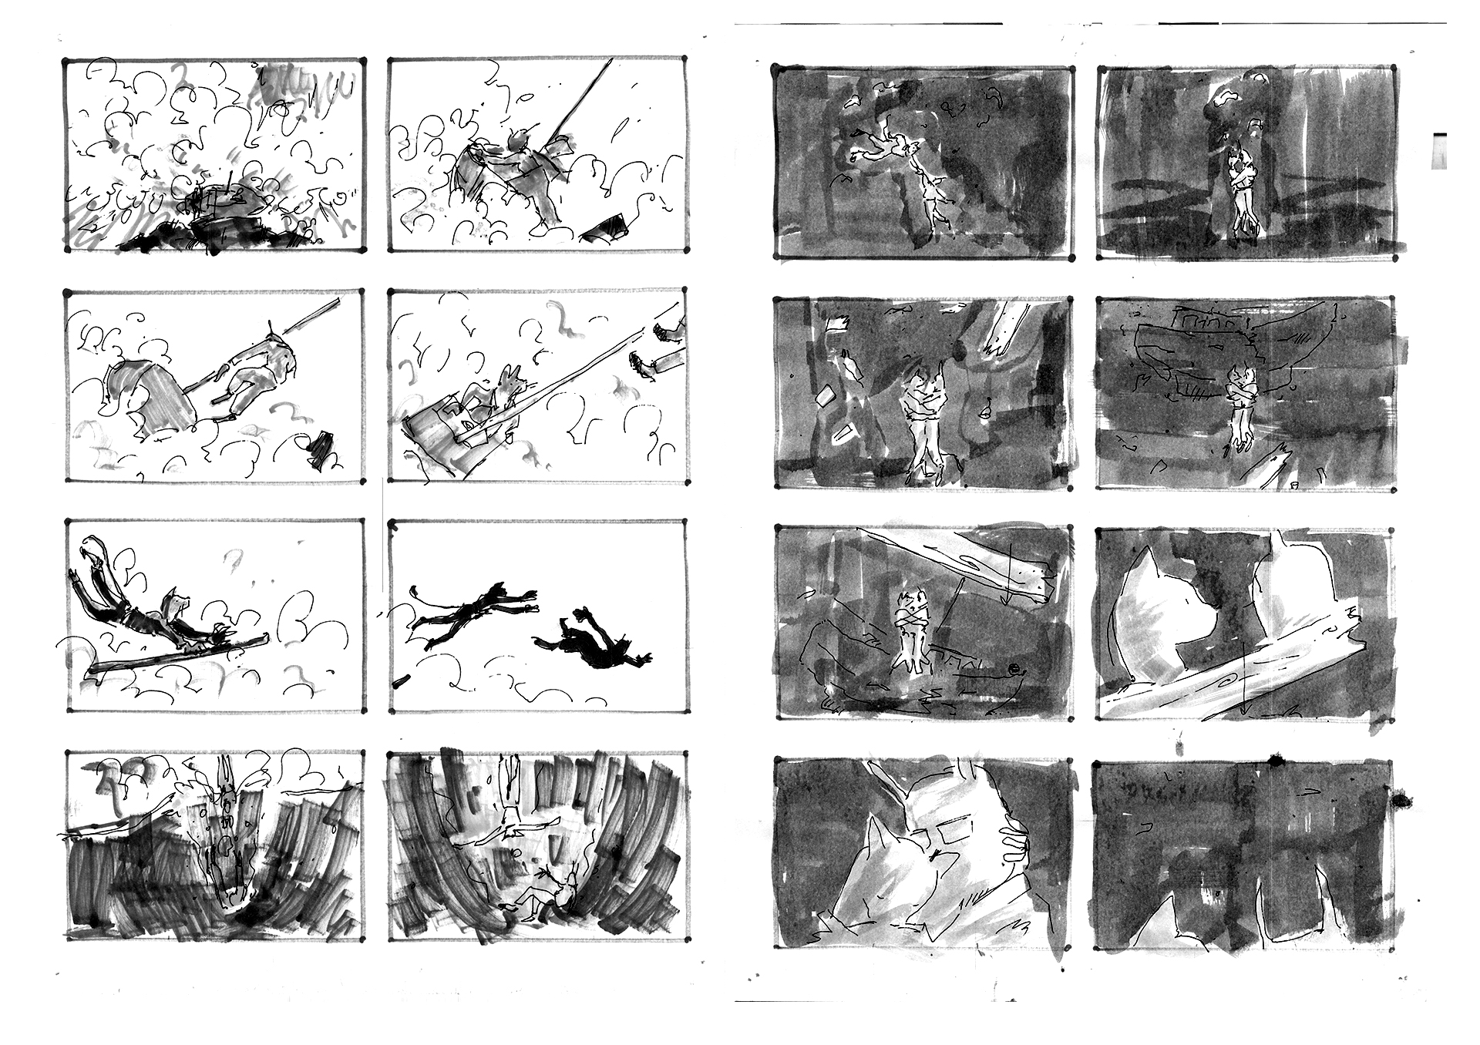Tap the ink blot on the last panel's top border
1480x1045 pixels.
point(1273,761)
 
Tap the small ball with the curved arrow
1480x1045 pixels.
point(1013,669)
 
